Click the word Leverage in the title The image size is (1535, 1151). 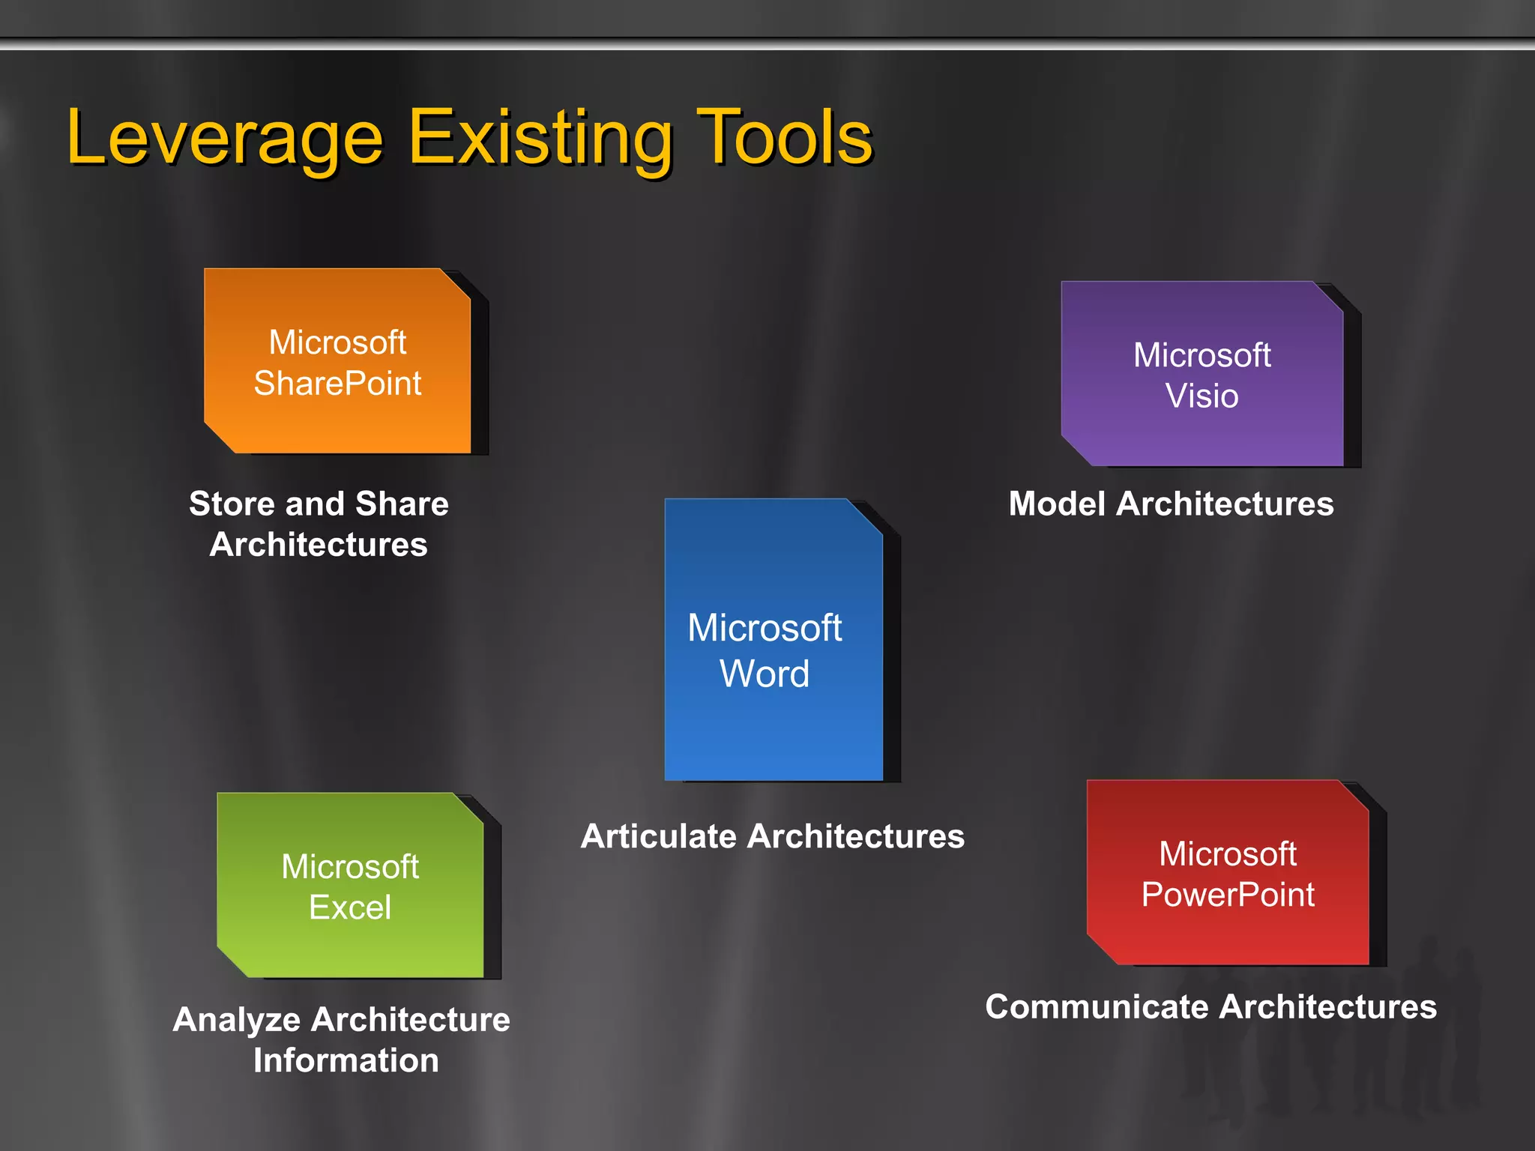[x=225, y=139]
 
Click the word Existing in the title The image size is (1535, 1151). [x=540, y=139]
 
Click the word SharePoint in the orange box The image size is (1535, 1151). [x=337, y=384]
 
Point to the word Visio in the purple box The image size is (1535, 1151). [x=1201, y=396]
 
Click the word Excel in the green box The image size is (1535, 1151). [x=350, y=907]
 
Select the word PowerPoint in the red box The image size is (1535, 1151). [x=1228, y=895]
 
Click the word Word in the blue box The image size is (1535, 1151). [x=765, y=674]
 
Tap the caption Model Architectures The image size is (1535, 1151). [x=1171, y=504]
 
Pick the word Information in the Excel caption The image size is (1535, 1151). [x=346, y=1060]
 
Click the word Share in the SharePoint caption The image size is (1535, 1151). [x=402, y=504]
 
